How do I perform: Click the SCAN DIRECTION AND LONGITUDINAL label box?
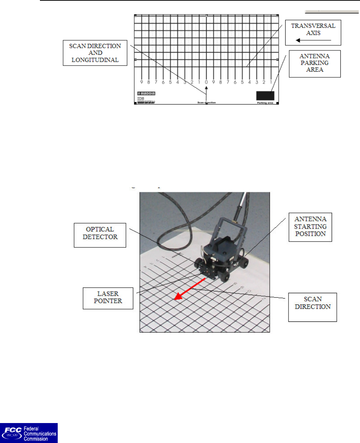pyautogui.click(x=95, y=53)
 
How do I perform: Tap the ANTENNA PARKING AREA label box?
pyautogui.click(x=315, y=63)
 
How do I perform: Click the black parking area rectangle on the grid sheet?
pyautogui.click(x=265, y=95)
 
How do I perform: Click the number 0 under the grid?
pyautogui.click(x=206, y=82)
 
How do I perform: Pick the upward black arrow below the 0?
pyautogui.click(x=206, y=94)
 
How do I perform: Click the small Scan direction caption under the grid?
pyautogui.click(x=206, y=103)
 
